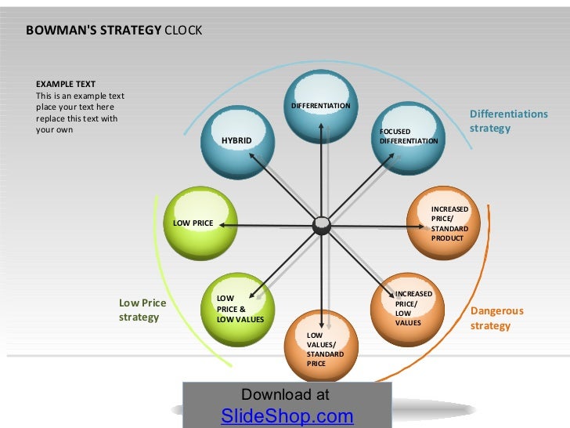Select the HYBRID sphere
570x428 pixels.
tap(238, 143)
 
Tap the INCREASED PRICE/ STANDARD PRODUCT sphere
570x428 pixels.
tap(444, 223)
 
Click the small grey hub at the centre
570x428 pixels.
tap(322, 226)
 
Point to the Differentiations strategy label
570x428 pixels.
tap(508, 121)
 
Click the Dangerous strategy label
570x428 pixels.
tap(496, 318)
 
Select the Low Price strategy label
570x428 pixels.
tap(142, 310)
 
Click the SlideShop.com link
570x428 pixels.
tap(287, 416)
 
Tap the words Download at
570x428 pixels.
tap(285, 395)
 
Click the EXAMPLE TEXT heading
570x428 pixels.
tap(66, 84)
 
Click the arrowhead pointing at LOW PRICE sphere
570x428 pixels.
tap(222, 225)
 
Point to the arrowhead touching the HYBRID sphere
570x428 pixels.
tap(250, 155)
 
